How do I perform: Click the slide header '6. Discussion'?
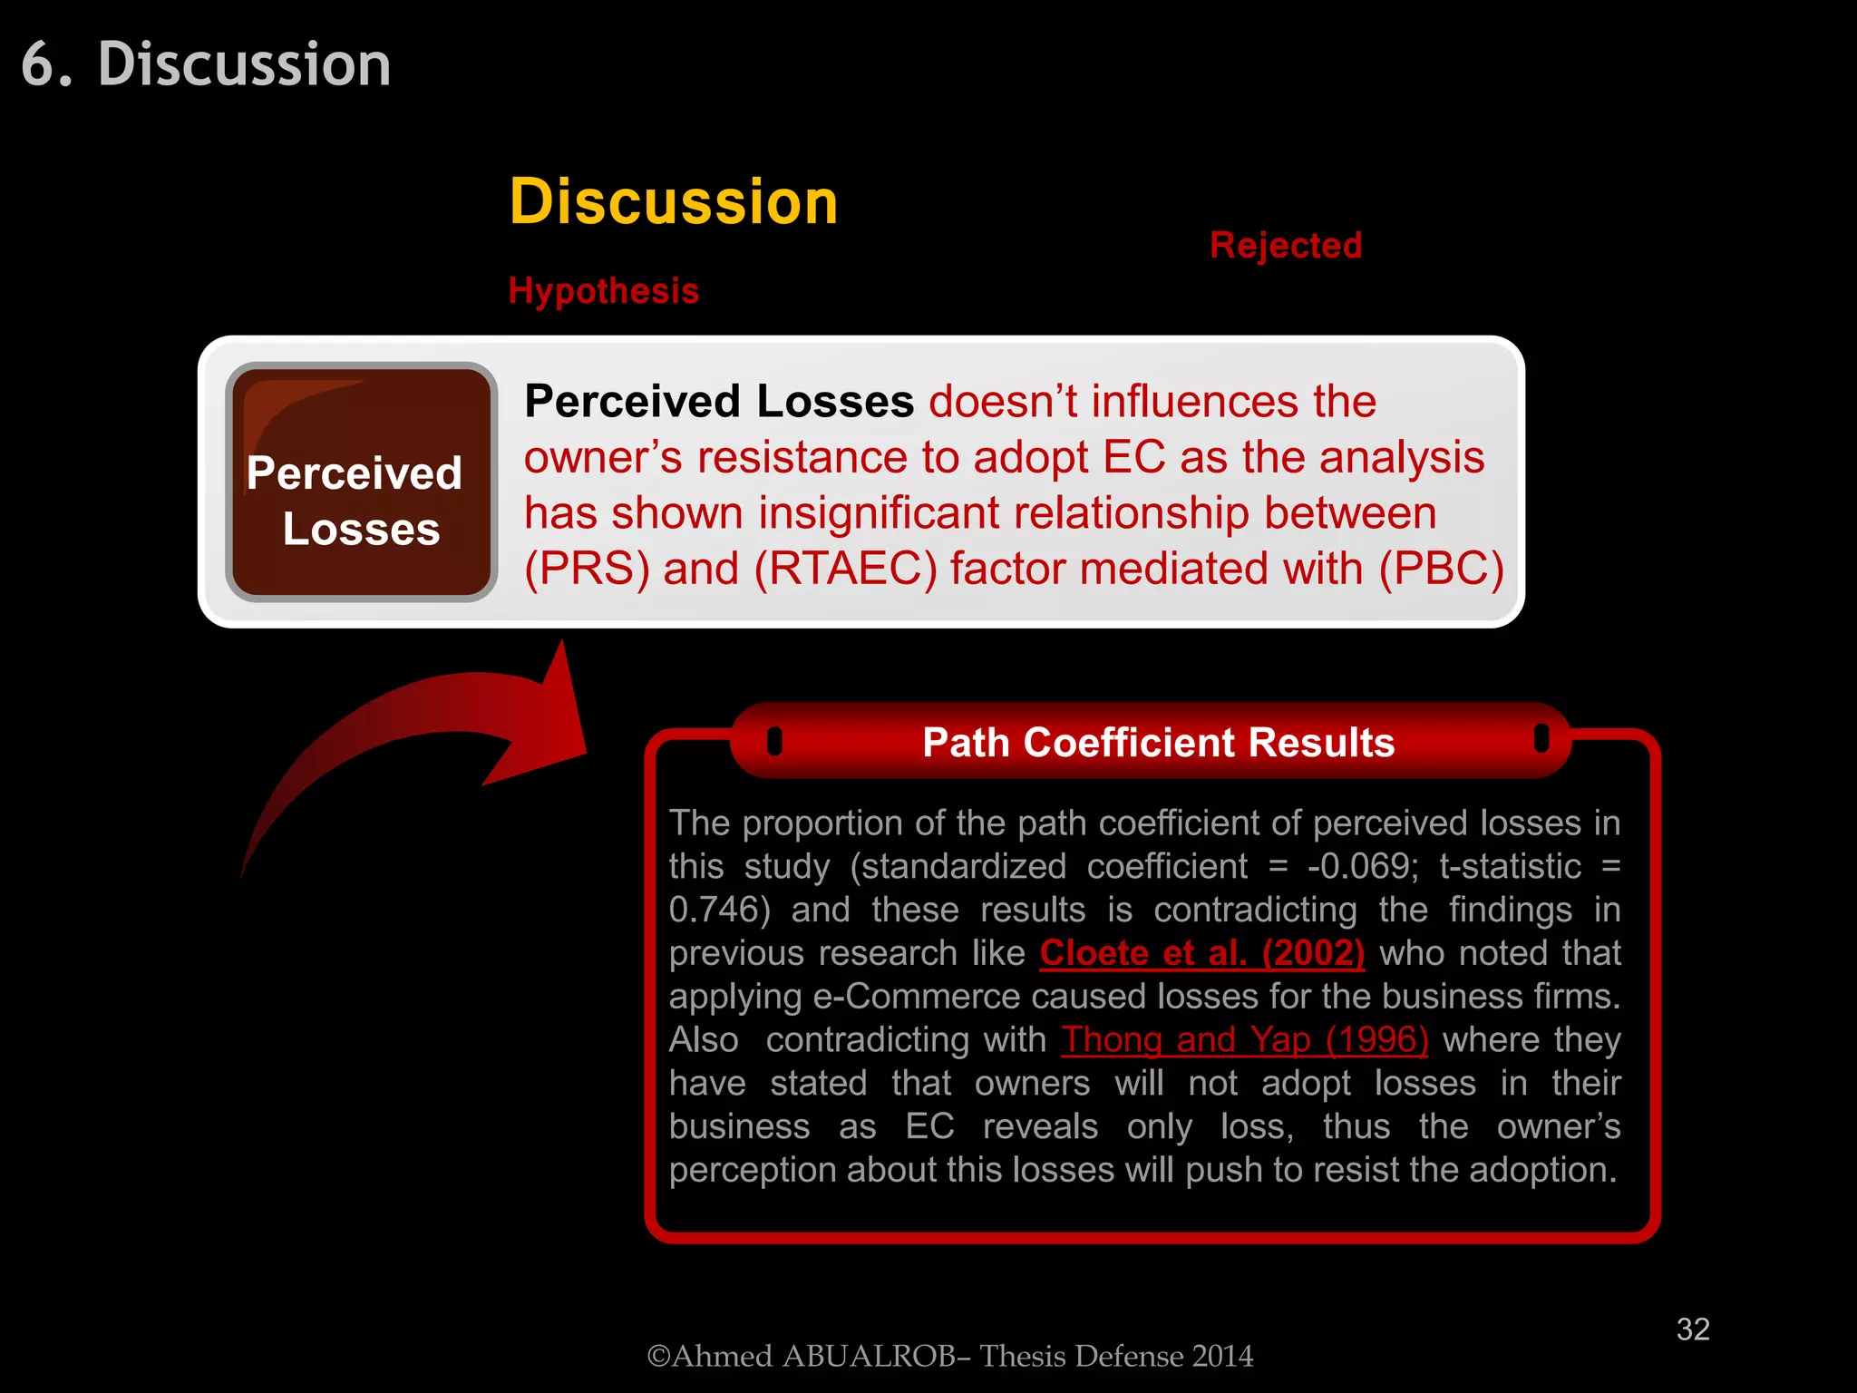coord(207,65)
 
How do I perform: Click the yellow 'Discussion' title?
coord(673,201)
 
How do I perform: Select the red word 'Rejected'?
coord(1285,246)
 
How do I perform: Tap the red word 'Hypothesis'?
coord(603,291)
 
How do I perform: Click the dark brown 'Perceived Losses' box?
coord(361,482)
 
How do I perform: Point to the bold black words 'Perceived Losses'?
coord(719,402)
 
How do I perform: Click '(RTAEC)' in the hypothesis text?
coord(845,570)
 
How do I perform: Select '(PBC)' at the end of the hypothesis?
coord(1441,570)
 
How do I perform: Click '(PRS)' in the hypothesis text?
coord(587,570)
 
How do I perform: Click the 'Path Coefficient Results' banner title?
coord(1158,743)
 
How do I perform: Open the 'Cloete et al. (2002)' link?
coord(1201,953)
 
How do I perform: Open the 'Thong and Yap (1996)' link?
coord(1245,1040)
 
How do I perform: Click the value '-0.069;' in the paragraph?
coord(1362,867)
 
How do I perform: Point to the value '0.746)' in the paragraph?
coord(719,910)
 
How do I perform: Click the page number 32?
coord(1692,1330)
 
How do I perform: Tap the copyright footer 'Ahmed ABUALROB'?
coord(949,1357)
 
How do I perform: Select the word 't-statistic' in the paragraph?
coord(1510,867)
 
